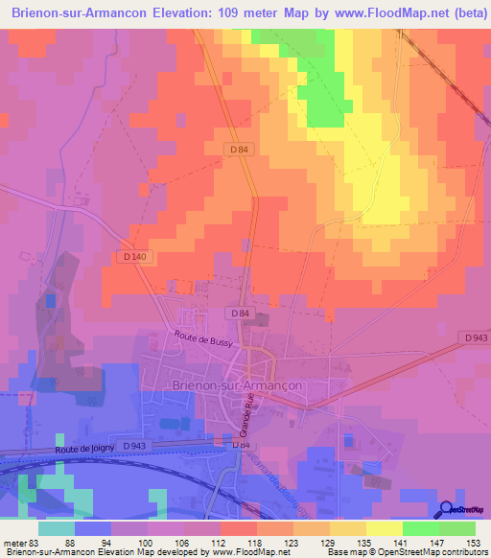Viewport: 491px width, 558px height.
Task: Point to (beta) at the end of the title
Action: click(x=450, y=13)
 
